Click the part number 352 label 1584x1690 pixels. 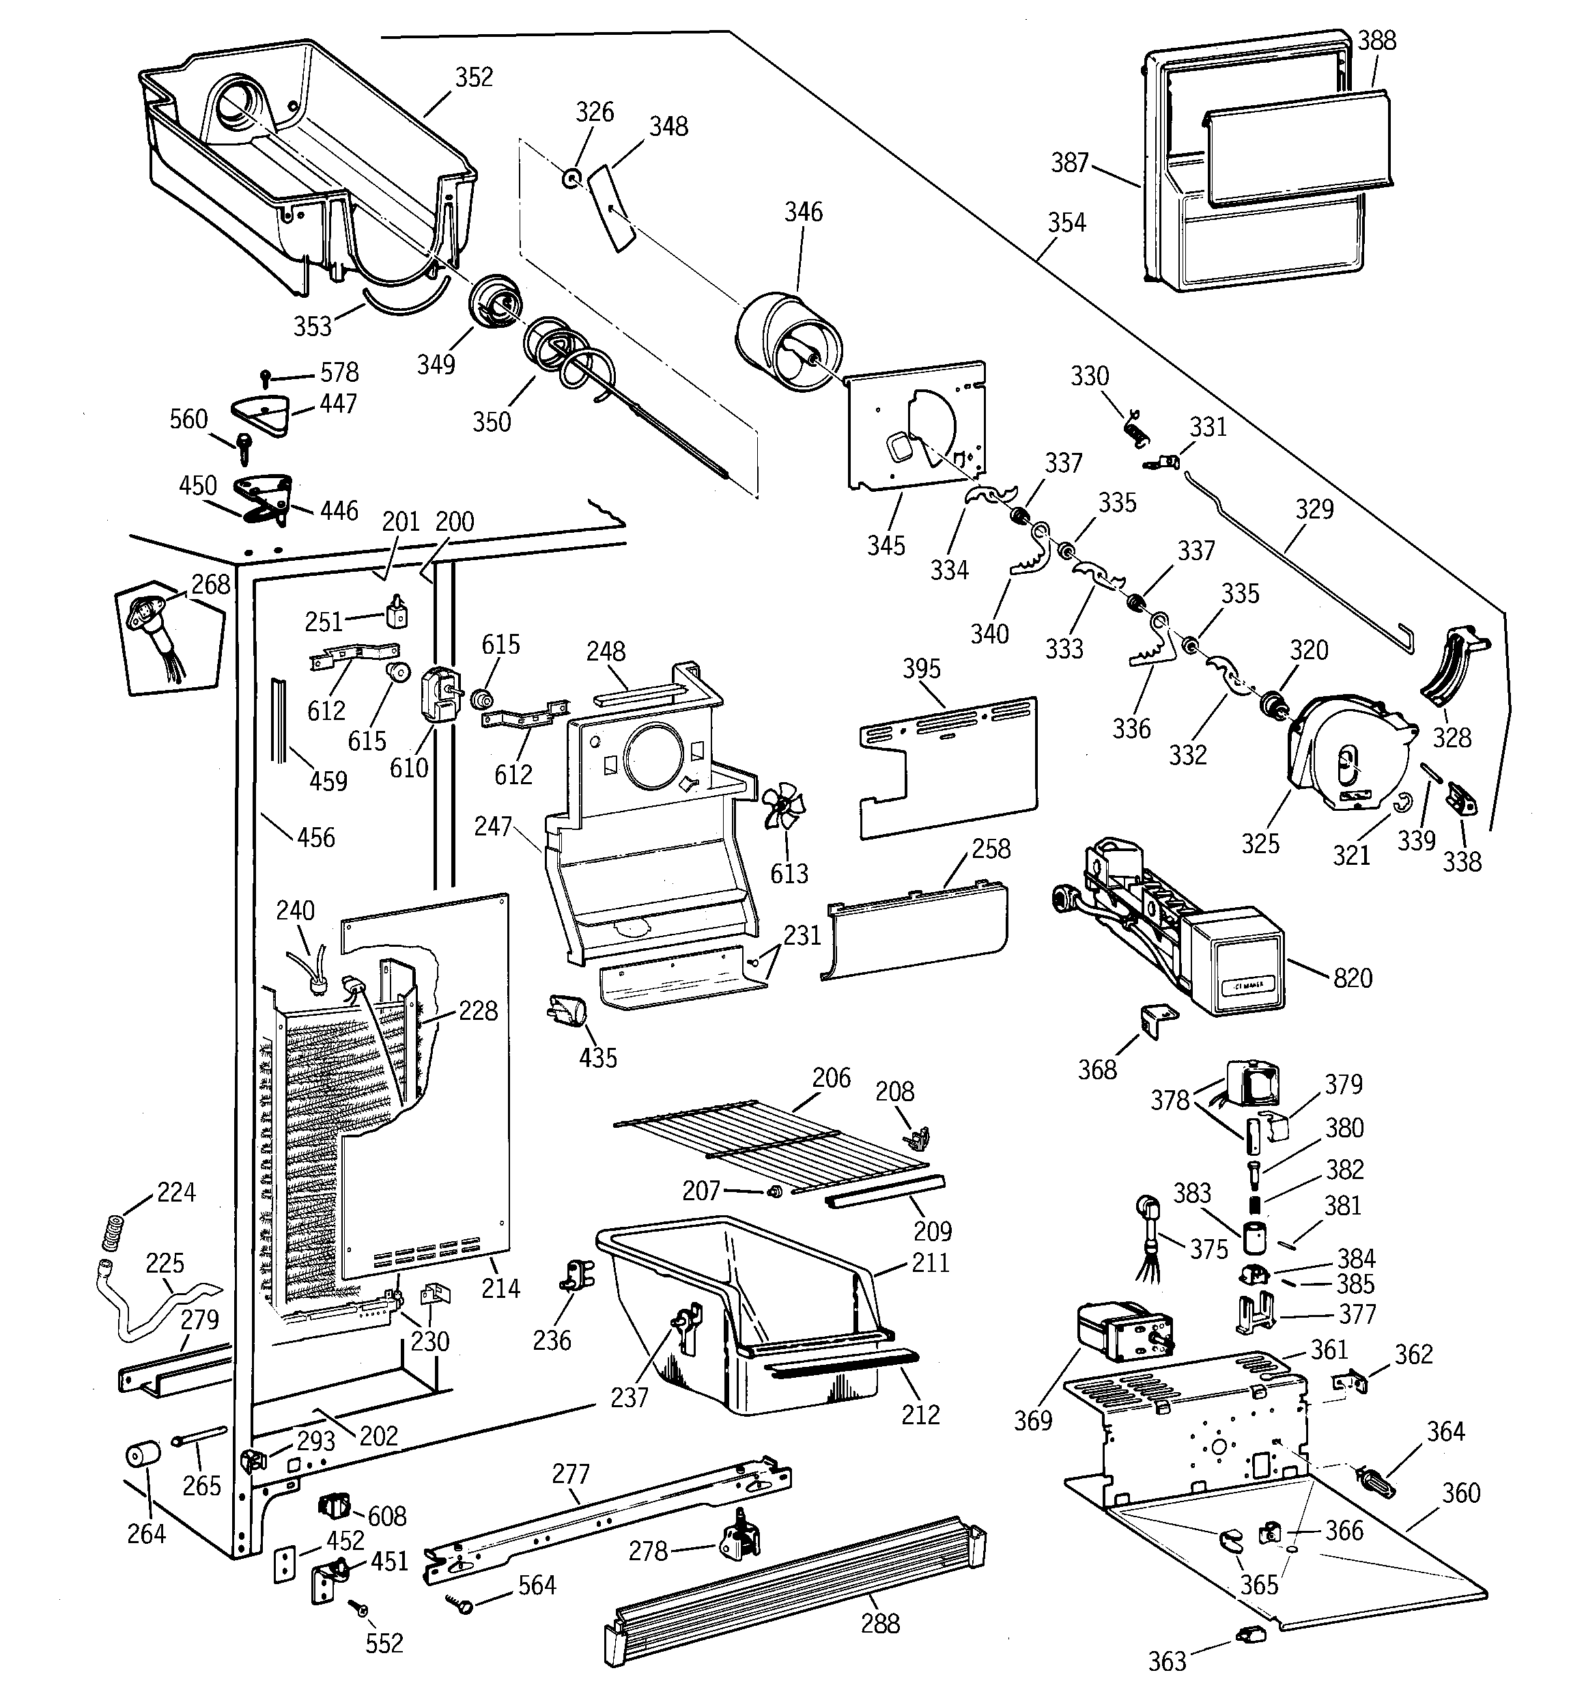(x=473, y=77)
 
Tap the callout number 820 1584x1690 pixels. (x=1353, y=978)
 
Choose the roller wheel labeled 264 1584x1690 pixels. (x=143, y=1456)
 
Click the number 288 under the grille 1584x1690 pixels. (x=879, y=1624)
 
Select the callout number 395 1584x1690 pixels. (x=921, y=669)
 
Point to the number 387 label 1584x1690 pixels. (x=1069, y=163)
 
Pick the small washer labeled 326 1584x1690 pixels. (x=572, y=178)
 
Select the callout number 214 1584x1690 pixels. (x=500, y=1289)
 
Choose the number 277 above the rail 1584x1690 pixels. (x=570, y=1473)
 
